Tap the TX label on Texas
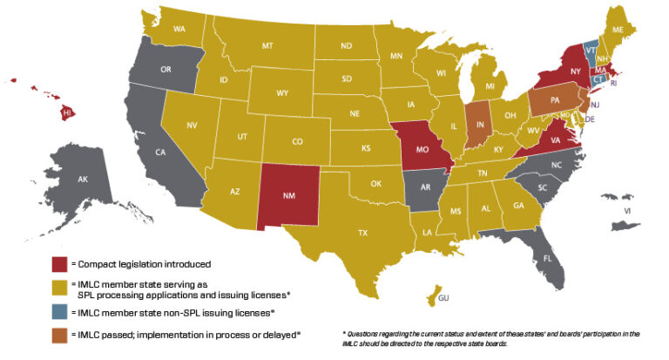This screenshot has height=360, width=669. (363, 233)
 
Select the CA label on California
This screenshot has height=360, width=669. (160, 153)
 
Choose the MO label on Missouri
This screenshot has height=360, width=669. (421, 150)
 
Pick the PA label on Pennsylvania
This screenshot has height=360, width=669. (555, 102)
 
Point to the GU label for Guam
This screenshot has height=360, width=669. (443, 298)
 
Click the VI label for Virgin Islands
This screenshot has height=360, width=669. (625, 211)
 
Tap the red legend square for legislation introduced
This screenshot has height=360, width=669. (58, 262)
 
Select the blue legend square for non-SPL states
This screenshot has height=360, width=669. (58, 311)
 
